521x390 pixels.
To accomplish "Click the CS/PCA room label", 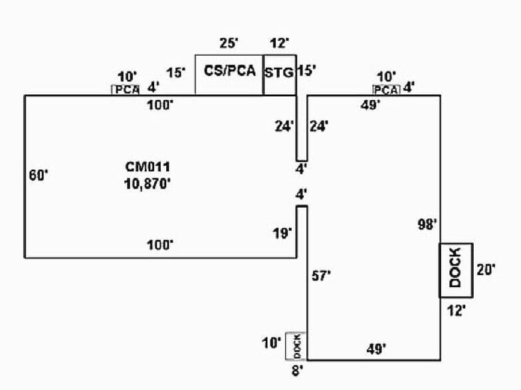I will pyautogui.click(x=229, y=71).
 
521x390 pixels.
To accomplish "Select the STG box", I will pyautogui.click(x=279, y=73).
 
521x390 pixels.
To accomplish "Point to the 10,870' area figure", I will pyautogui.click(x=148, y=184).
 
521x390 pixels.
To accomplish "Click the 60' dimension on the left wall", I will pyautogui.click(x=39, y=175).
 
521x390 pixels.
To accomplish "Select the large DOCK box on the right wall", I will pyautogui.click(x=455, y=270).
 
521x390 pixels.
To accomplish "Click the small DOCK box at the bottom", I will pyautogui.click(x=296, y=345).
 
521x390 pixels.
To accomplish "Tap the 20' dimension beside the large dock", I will pyautogui.click(x=486, y=269).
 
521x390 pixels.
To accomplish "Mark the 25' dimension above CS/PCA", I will pyautogui.click(x=229, y=43).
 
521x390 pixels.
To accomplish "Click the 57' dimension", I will pyautogui.click(x=321, y=276).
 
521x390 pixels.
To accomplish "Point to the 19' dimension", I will pyautogui.click(x=282, y=233).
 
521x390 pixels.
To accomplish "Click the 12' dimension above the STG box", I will pyautogui.click(x=280, y=43).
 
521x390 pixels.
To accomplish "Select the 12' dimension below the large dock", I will pyautogui.click(x=456, y=309).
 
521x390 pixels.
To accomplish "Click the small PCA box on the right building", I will pyautogui.click(x=386, y=90).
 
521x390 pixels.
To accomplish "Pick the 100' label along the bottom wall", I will pyautogui.click(x=160, y=245).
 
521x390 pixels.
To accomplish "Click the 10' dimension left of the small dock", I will pyautogui.click(x=272, y=343).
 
